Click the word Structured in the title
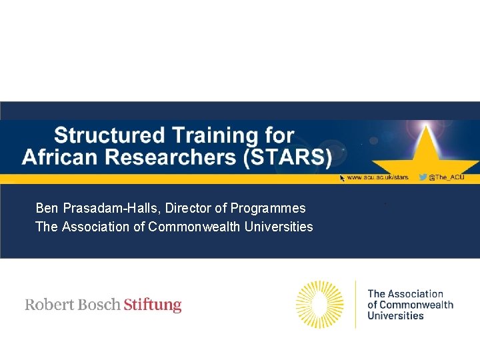pyautogui.click(x=109, y=135)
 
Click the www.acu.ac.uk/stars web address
pyautogui.click(x=377, y=177)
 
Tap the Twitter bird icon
pyautogui.click(x=422, y=177)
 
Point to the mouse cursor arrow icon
pyautogui.click(x=343, y=178)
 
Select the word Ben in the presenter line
pyautogui.click(x=46, y=208)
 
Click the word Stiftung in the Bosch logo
pyautogui.click(x=153, y=305)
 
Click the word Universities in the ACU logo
pyautogui.click(x=395, y=316)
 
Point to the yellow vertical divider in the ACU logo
pyautogui.click(x=355, y=304)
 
